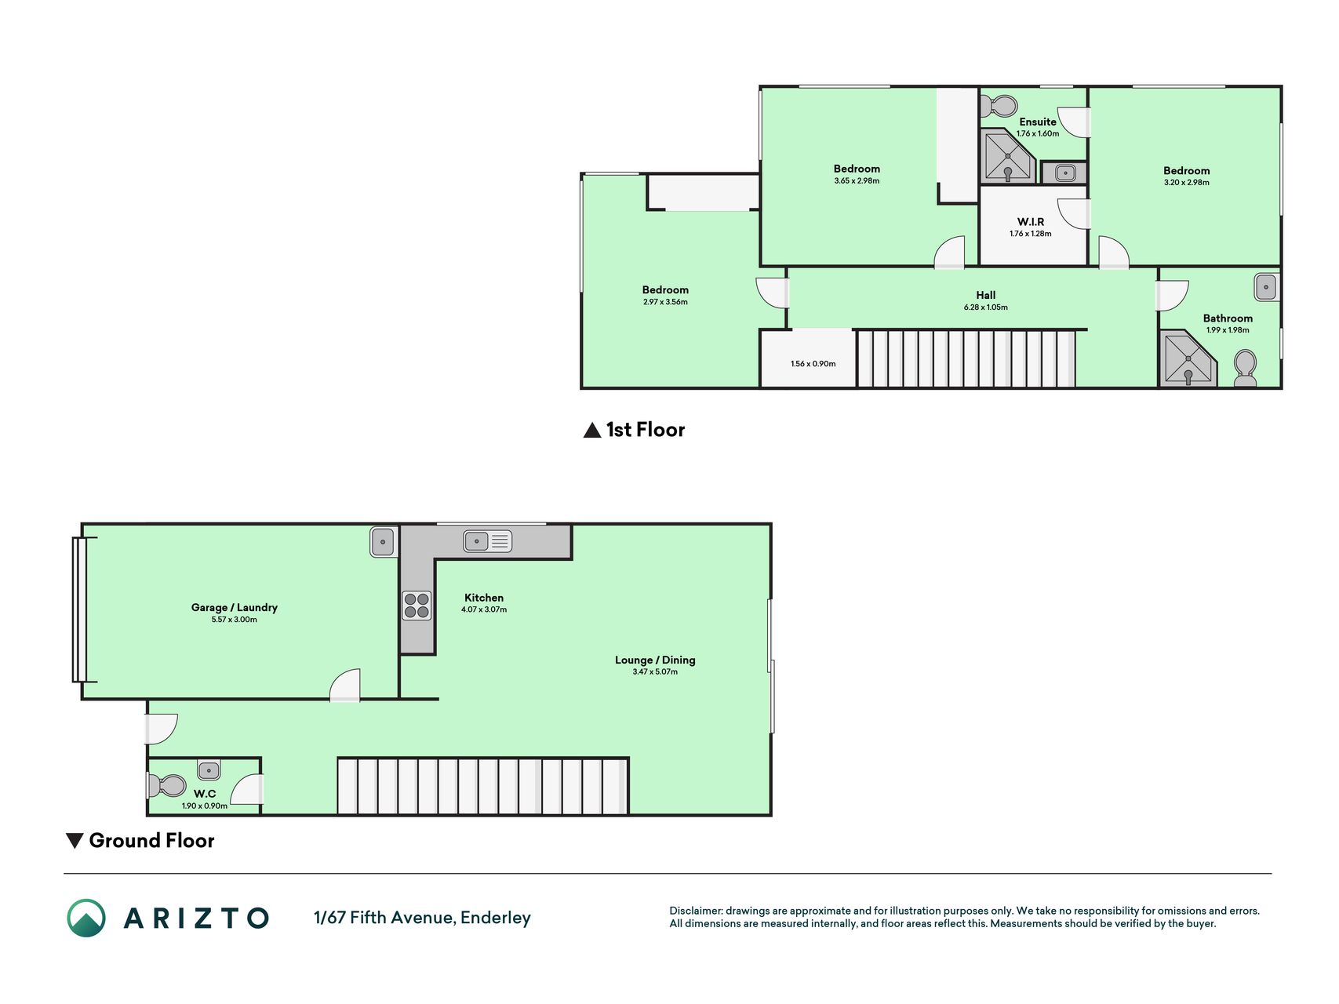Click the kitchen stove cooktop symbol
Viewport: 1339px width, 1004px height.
pyautogui.click(x=417, y=605)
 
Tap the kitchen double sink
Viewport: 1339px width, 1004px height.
pyautogui.click(x=487, y=541)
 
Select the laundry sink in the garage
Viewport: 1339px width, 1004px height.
pyautogui.click(x=383, y=542)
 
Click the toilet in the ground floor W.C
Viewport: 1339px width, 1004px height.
pyautogui.click(x=167, y=785)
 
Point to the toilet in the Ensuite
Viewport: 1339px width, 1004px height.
pyautogui.click(x=998, y=105)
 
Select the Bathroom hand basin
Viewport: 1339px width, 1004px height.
pyautogui.click(x=1266, y=287)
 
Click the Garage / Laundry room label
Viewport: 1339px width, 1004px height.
pyautogui.click(x=235, y=607)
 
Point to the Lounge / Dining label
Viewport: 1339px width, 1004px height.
pyautogui.click(x=655, y=660)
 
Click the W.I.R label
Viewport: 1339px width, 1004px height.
pyautogui.click(x=1031, y=222)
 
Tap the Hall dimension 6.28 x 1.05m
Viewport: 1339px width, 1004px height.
pyautogui.click(x=986, y=307)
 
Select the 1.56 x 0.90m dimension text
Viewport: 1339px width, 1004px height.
pyautogui.click(x=813, y=364)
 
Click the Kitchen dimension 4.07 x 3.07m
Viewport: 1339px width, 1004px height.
pyautogui.click(x=484, y=609)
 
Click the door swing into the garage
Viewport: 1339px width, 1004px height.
pyautogui.click(x=345, y=685)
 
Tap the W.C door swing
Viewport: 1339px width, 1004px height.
pyautogui.click(x=247, y=789)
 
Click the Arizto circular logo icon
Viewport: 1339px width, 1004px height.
pyautogui.click(x=86, y=918)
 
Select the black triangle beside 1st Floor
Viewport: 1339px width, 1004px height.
pyautogui.click(x=592, y=430)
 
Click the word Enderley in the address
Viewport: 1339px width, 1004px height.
pyautogui.click(x=496, y=918)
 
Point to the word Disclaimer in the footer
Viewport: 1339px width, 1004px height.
pyautogui.click(x=695, y=911)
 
